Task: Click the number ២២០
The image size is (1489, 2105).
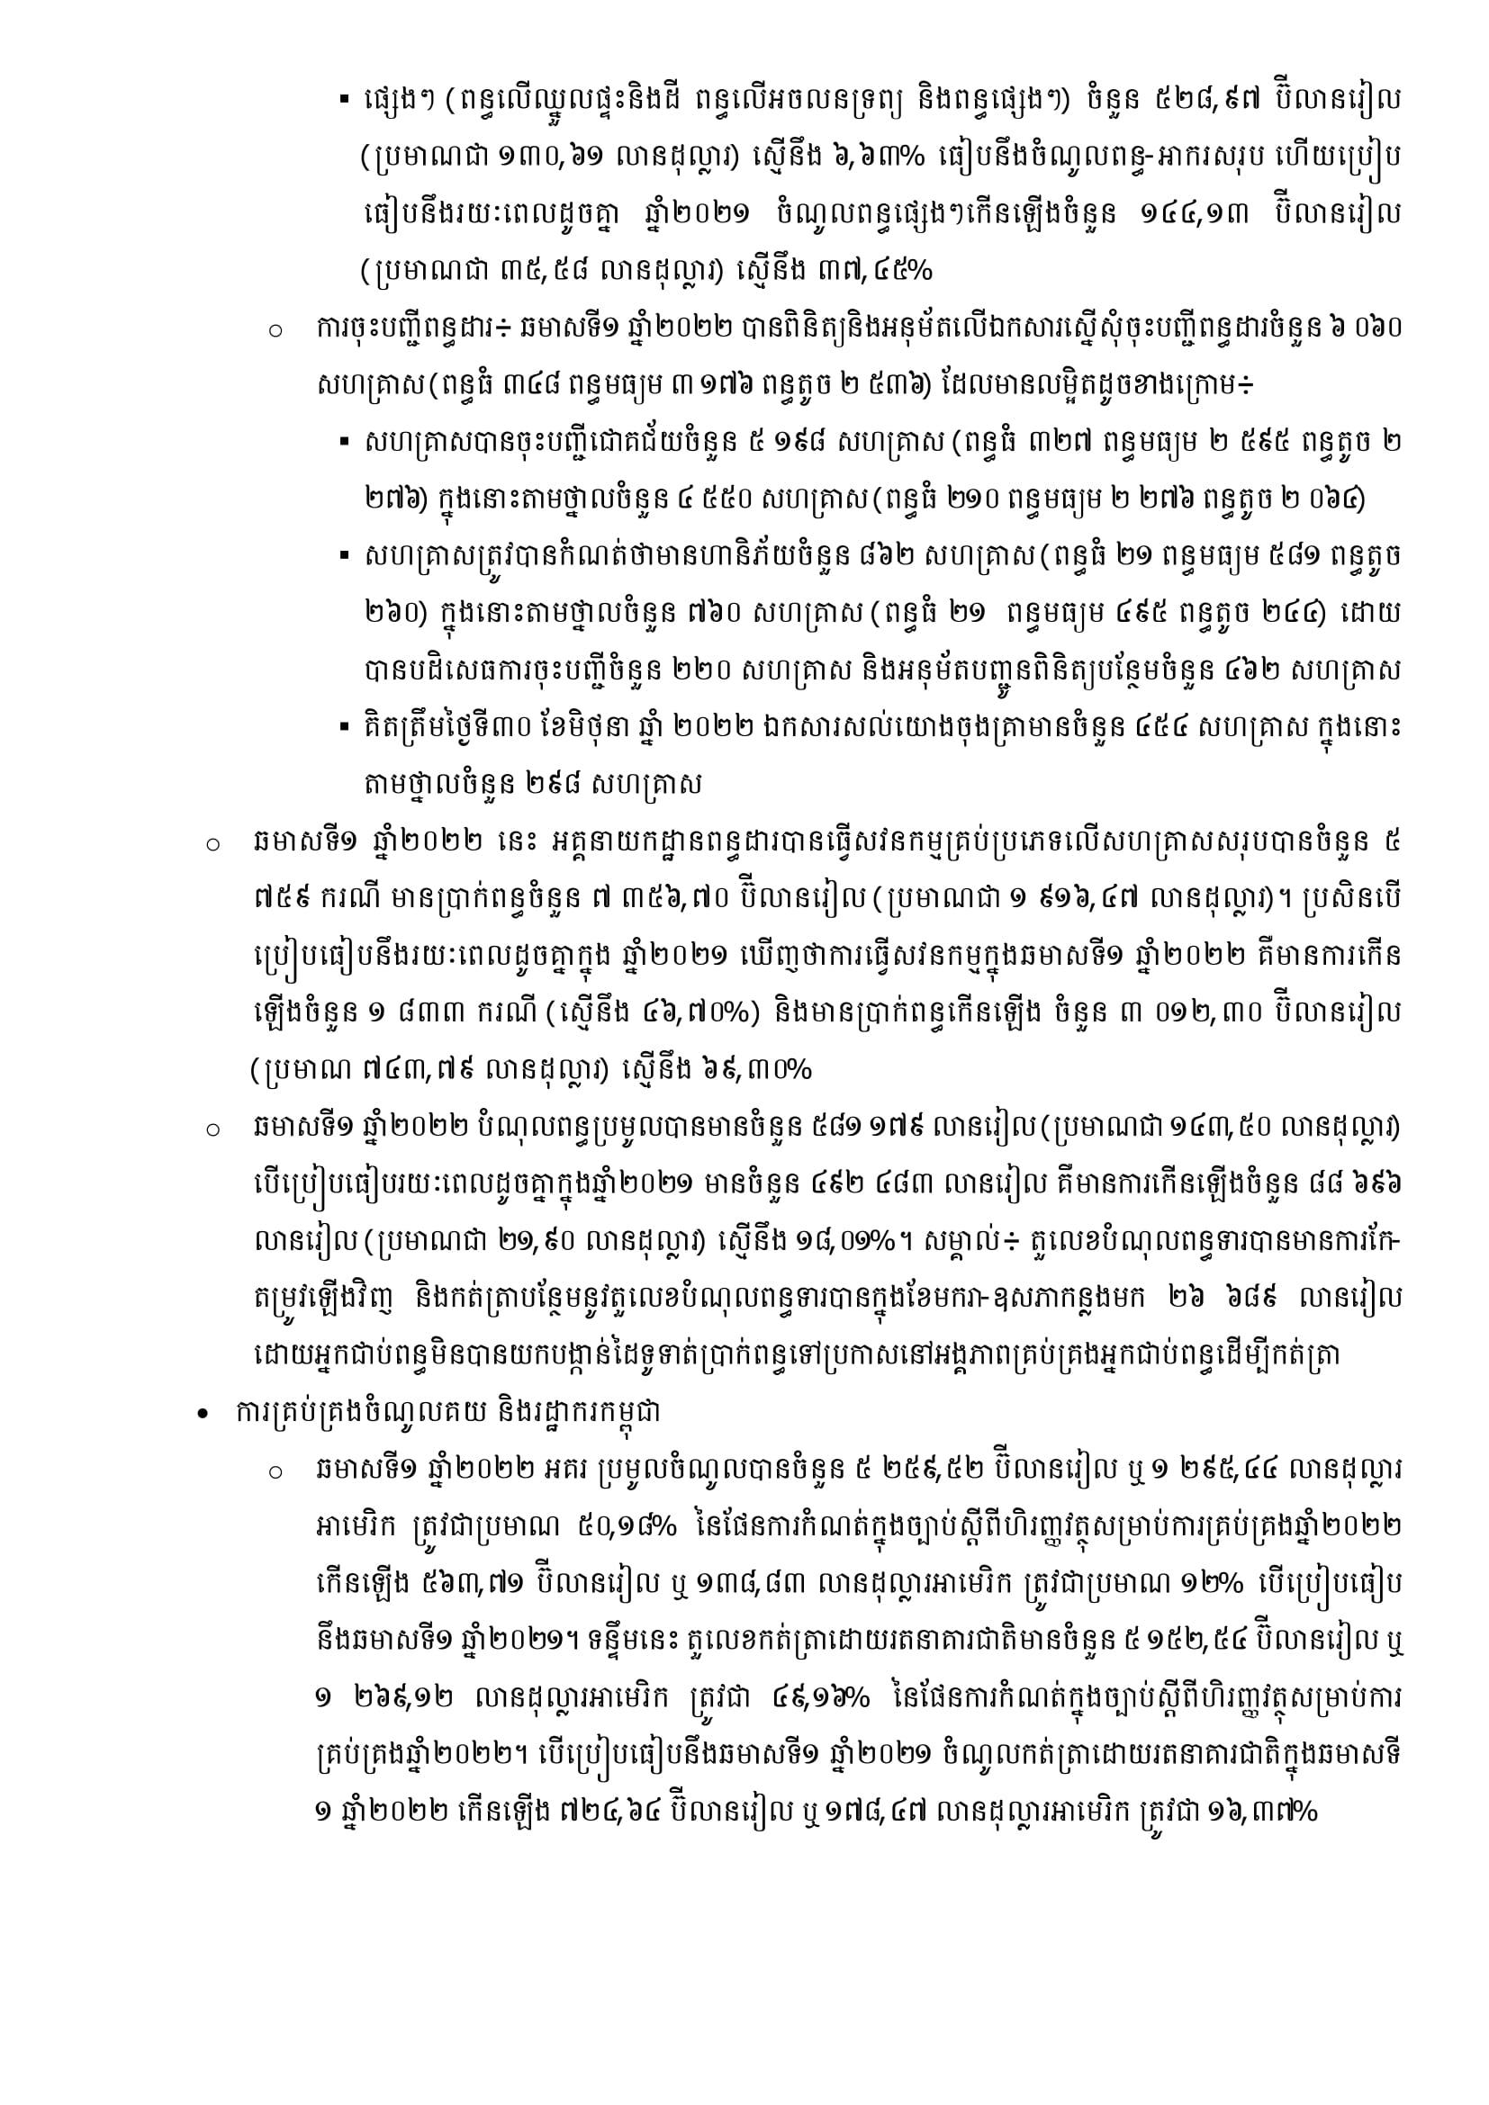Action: (699, 671)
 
